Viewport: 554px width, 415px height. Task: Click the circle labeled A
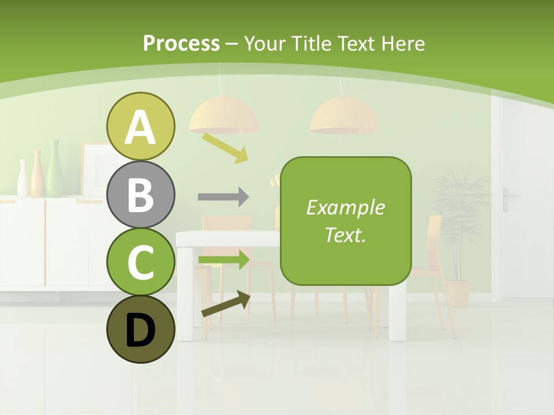pyautogui.click(x=141, y=126)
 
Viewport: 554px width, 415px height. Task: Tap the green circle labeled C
pyautogui.click(x=141, y=262)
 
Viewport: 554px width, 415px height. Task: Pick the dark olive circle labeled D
pyautogui.click(x=141, y=329)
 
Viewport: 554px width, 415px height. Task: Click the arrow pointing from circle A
pyautogui.click(x=225, y=147)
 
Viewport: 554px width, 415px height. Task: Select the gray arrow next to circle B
pyautogui.click(x=223, y=197)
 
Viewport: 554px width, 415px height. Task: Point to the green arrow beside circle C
pyautogui.click(x=224, y=259)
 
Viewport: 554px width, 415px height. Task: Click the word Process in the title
pyautogui.click(x=181, y=43)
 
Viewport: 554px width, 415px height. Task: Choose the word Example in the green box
pyautogui.click(x=346, y=207)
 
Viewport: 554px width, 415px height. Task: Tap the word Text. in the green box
pyautogui.click(x=346, y=235)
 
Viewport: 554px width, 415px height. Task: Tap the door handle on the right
pyautogui.click(x=507, y=196)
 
